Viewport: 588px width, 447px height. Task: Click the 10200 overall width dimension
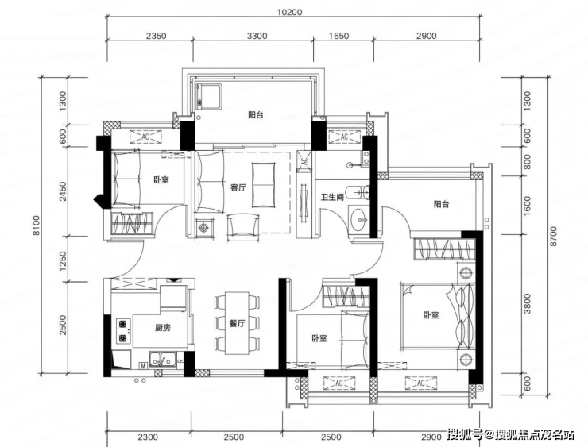pyautogui.click(x=289, y=12)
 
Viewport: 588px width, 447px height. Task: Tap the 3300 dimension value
pyautogui.click(x=257, y=36)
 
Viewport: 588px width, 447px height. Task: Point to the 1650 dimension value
pyautogui.click(x=338, y=36)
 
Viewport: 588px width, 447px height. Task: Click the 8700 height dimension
pyautogui.click(x=554, y=236)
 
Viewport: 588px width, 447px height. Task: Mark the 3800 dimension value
pyautogui.click(x=528, y=303)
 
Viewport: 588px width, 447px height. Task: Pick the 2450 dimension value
pyautogui.click(x=62, y=191)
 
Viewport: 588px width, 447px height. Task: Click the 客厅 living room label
pyautogui.click(x=238, y=187)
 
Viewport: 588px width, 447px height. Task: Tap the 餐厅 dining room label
pyautogui.click(x=237, y=323)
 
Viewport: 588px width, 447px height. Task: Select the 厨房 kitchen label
pyautogui.click(x=162, y=328)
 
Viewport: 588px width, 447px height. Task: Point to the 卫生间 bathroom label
pyautogui.click(x=332, y=197)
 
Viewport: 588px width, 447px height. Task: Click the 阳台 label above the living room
pyautogui.click(x=256, y=114)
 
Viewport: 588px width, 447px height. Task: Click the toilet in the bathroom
pyautogui.click(x=358, y=193)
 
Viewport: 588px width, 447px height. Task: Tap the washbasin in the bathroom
pyautogui.click(x=360, y=219)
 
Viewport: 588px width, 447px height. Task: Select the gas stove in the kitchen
pyautogui.click(x=123, y=331)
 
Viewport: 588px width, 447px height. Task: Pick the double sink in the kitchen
pyautogui.click(x=162, y=359)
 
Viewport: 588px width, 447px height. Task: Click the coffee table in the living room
pyautogui.click(x=264, y=185)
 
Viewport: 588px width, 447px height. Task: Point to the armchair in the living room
pyautogui.click(x=243, y=226)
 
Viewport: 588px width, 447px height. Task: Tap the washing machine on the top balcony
pyautogui.click(x=209, y=97)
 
